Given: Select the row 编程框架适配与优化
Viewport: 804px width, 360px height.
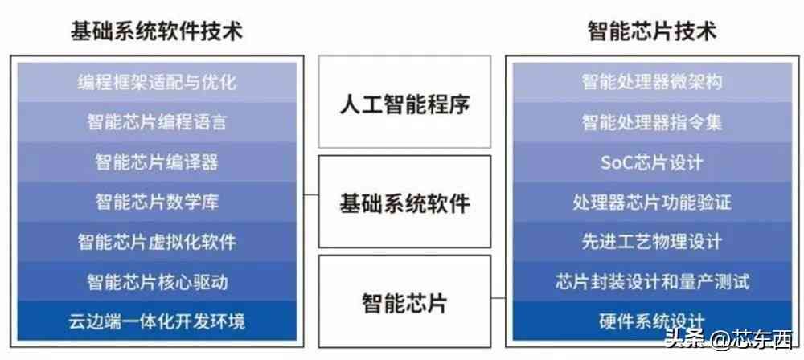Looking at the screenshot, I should tap(157, 82).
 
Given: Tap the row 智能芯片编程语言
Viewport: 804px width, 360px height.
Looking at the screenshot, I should tap(157, 122).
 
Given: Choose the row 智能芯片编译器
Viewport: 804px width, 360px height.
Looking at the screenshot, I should tap(157, 162).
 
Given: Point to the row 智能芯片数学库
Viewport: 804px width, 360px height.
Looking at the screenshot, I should tap(157, 202).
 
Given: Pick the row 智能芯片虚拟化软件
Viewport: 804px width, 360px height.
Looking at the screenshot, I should tap(157, 242).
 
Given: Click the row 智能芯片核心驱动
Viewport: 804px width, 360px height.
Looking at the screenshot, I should tap(157, 282).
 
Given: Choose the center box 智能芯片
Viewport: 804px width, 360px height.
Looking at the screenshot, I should tap(404, 304).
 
